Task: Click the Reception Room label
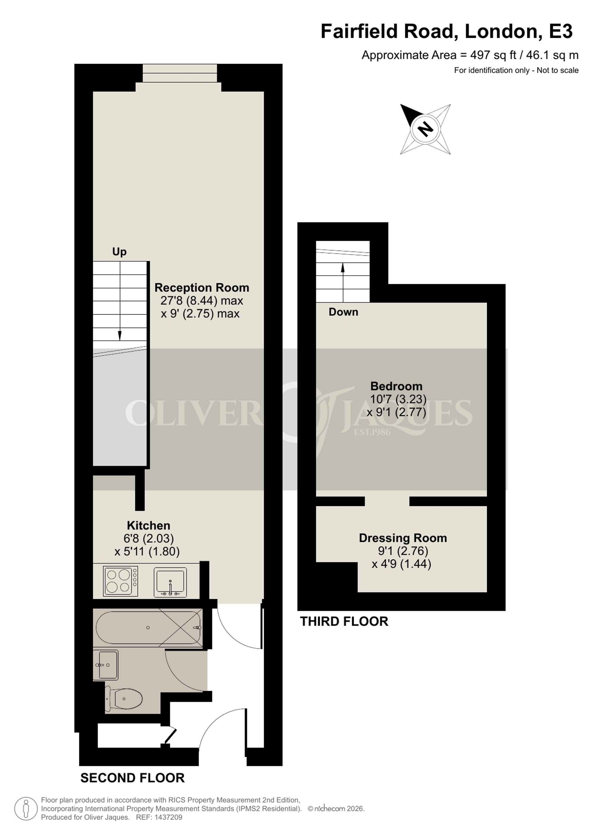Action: coord(202,288)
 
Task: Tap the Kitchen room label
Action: coord(148,525)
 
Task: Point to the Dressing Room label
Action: coord(403,538)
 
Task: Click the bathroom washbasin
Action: coord(105,665)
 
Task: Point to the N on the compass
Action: coord(425,129)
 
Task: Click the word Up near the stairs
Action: coord(119,251)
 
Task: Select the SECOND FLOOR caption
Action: coord(132,778)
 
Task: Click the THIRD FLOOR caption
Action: coord(344,621)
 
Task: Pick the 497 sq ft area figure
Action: coord(493,55)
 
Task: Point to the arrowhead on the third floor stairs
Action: coord(343,268)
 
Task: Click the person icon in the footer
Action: coord(26,808)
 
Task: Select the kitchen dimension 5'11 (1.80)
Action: coord(147,551)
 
